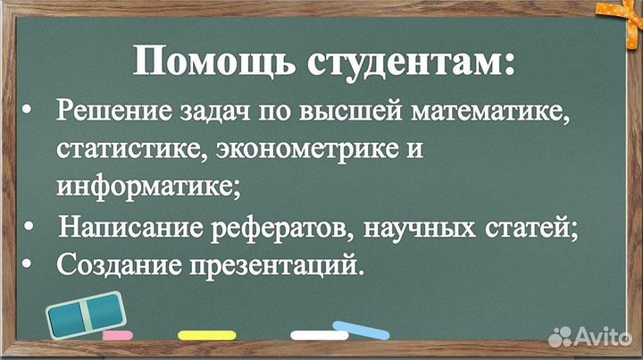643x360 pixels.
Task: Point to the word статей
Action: pos(534,229)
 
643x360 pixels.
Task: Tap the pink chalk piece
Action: pos(117,336)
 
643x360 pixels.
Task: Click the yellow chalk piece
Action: pos(207,336)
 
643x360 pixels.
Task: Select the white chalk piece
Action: pos(319,336)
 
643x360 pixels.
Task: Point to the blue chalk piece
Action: pos(362,330)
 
